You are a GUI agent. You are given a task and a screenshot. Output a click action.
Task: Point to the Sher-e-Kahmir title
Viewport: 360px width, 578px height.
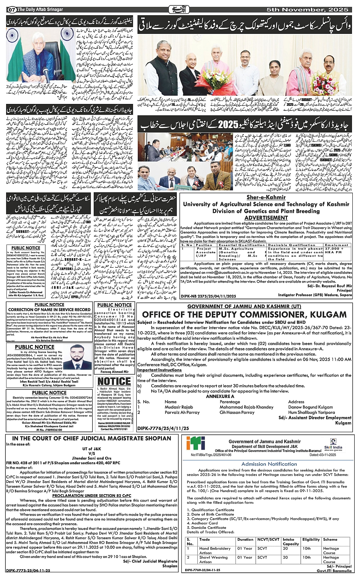click(x=266, y=197)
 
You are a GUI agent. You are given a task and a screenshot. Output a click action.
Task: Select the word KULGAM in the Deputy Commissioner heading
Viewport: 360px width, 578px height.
click(x=328, y=315)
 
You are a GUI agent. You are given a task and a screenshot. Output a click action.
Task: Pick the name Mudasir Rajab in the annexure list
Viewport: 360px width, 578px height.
click(x=179, y=407)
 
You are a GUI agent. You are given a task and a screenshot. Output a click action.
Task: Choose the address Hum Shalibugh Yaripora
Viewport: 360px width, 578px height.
click(x=312, y=412)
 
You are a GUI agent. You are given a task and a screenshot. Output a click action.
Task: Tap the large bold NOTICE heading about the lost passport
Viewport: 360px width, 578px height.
click(x=114, y=382)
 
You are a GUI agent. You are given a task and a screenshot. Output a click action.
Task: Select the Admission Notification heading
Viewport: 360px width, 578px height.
click(x=269, y=464)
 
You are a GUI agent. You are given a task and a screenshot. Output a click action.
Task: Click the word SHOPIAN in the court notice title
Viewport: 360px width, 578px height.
click(x=157, y=438)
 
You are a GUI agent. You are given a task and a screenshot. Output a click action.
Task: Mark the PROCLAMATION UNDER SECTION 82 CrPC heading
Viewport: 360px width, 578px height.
click(x=91, y=495)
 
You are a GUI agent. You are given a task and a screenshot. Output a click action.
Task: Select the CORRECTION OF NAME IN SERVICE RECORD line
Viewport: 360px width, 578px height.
click(x=50, y=310)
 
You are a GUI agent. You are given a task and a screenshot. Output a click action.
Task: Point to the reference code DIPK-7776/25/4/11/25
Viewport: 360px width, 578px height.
click(x=163, y=428)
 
